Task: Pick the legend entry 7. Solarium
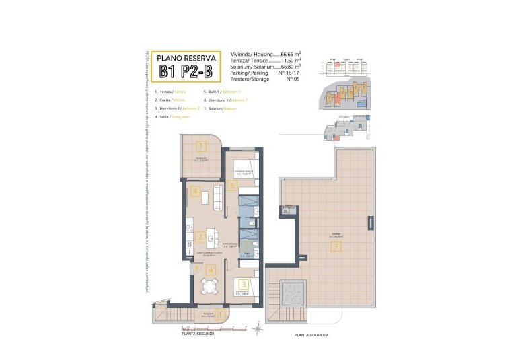tap(221, 108)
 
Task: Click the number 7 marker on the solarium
tap(336, 246)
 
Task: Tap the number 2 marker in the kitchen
tap(200, 237)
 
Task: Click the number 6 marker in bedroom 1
tap(233, 185)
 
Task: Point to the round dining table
tap(208, 287)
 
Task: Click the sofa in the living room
tap(217, 196)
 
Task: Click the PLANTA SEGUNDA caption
tap(198, 333)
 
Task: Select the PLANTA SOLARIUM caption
tap(311, 334)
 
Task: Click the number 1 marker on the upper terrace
tap(200, 145)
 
